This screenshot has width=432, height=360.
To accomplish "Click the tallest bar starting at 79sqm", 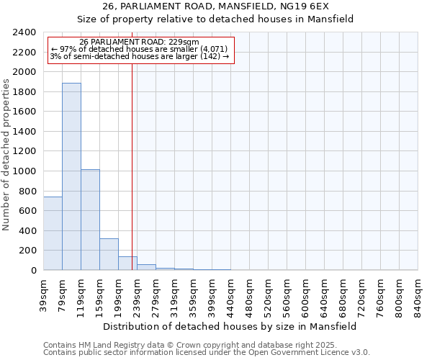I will pos(71,176).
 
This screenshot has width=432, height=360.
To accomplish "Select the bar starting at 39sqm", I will pos(53,233).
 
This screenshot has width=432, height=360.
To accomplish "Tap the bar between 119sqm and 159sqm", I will pos(90,220).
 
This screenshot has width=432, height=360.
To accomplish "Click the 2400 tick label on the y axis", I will pos(24,32).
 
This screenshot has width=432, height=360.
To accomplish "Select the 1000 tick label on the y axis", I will pos(24,171).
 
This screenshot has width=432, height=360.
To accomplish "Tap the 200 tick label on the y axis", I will pos(27,251).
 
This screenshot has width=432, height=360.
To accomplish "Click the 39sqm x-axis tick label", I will pos(43,293).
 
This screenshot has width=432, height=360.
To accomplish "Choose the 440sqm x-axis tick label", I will pos(230,293).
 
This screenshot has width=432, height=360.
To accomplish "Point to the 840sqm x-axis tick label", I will pos(418,293).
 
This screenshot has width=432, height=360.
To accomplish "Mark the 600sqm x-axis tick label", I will pos(305,293).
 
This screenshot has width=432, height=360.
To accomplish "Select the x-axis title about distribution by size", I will pos(230,326).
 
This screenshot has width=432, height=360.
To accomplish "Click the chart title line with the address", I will pos(215,6).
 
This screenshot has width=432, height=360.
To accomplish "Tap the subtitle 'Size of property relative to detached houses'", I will pos(215,19).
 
